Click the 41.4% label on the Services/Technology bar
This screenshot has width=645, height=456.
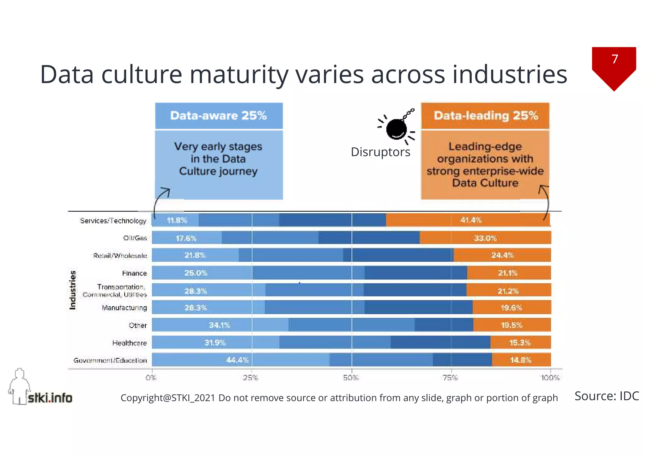[x=471, y=220]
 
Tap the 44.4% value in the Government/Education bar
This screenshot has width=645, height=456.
[x=237, y=360]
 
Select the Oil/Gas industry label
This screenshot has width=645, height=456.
[x=135, y=238]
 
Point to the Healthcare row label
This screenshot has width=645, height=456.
[x=129, y=343]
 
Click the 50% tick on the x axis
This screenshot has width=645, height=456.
[x=351, y=378]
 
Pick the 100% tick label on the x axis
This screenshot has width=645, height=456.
[x=550, y=378]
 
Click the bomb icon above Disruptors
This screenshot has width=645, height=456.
[x=396, y=128]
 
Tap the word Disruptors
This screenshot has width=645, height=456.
[x=380, y=152]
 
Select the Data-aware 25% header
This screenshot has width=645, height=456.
[x=219, y=116]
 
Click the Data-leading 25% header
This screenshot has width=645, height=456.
[x=486, y=116]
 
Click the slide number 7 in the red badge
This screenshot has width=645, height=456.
[x=615, y=59]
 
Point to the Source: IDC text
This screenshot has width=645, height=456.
[x=607, y=396]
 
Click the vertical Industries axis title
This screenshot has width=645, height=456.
[x=73, y=290]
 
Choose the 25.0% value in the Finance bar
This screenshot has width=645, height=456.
[x=196, y=273]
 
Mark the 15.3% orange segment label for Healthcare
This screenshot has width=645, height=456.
[x=520, y=342]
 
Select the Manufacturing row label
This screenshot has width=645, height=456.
[x=124, y=308]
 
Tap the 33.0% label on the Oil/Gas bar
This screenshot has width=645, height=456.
[x=485, y=238]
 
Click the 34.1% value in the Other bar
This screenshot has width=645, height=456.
[x=220, y=325]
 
